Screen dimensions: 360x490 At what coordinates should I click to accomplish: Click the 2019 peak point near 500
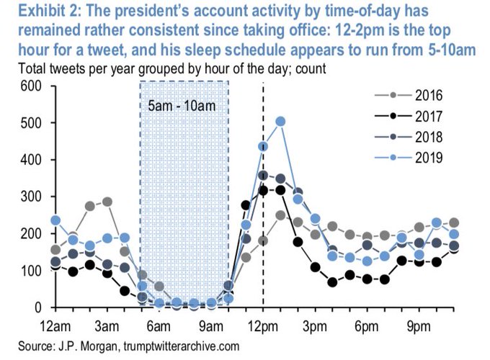click(x=281, y=121)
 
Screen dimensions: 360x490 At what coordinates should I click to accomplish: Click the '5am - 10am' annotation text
click(x=183, y=106)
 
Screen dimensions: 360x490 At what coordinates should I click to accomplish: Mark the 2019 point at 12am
click(x=55, y=220)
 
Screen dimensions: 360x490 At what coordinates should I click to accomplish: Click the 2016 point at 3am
click(x=107, y=202)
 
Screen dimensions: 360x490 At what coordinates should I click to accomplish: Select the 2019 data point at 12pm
click(x=263, y=146)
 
